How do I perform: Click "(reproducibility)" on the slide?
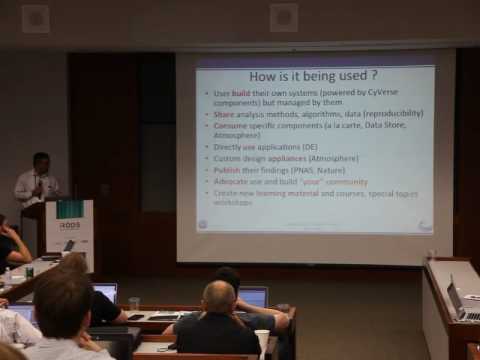pyautogui.click(x=390, y=113)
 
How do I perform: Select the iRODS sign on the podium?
pyautogui.click(x=69, y=228)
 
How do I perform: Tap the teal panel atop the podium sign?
pyautogui.click(x=69, y=209)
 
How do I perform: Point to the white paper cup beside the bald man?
pyautogui.click(x=261, y=339)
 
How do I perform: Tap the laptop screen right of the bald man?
pyautogui.click(x=253, y=297)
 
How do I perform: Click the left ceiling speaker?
pyautogui.click(x=36, y=19)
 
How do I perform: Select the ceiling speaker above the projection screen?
pyautogui.click(x=283, y=17)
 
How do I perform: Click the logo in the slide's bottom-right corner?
pyautogui.click(x=424, y=226)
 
